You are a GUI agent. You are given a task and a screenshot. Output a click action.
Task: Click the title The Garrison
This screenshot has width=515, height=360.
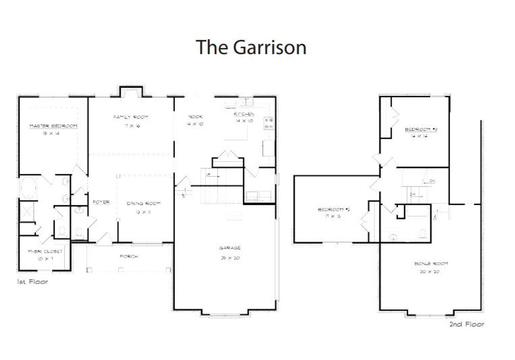click(251, 47)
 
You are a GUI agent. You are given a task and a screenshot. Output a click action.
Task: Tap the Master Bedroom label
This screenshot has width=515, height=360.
click(53, 126)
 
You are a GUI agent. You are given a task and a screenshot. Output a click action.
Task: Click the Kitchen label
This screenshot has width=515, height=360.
click(244, 114)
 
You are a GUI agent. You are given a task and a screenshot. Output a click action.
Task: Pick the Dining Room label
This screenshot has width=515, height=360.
click(138, 204)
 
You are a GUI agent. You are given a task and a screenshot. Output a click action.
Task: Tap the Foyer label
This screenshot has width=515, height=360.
click(101, 202)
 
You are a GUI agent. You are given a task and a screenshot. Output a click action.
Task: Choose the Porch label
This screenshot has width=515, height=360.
click(129, 256)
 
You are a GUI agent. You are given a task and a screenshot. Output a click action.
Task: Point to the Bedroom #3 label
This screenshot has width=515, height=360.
click(421, 130)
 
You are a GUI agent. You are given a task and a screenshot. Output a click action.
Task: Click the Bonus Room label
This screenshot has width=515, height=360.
click(431, 264)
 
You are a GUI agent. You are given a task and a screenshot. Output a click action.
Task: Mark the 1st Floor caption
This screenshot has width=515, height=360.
click(32, 282)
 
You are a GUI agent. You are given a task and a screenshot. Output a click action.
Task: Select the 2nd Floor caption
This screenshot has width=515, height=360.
click(467, 324)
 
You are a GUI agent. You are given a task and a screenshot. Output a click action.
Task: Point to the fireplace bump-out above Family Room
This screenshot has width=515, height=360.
click(130, 92)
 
